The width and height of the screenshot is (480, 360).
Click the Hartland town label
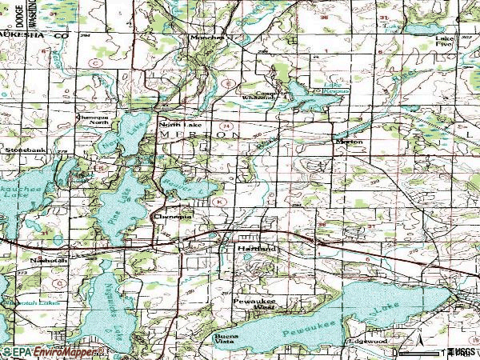(256, 250)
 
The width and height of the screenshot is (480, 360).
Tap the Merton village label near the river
(349, 142)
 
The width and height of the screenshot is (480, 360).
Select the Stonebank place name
(22, 149)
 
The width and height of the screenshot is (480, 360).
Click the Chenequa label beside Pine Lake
(172, 216)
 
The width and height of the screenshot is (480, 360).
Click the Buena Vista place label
(224, 340)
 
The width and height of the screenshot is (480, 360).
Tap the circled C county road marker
(95, 62)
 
